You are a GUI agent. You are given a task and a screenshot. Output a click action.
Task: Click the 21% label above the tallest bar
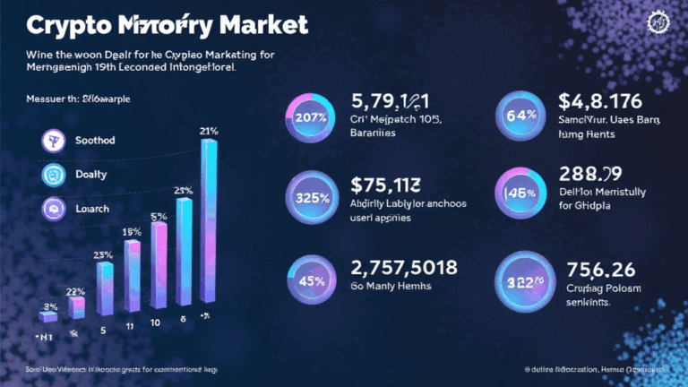(x=210, y=133)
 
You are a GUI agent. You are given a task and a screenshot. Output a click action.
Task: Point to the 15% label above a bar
(x=132, y=232)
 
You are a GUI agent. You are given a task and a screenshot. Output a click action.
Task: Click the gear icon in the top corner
(x=664, y=21)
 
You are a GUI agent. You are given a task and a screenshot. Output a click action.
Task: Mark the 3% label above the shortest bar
(x=50, y=307)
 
